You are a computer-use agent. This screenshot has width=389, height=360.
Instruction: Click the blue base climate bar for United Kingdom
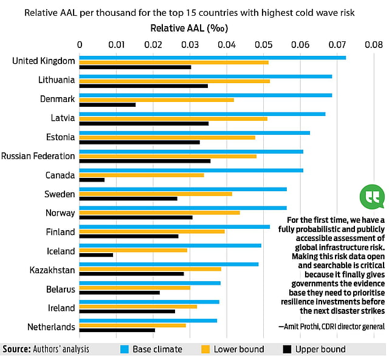click(x=213, y=58)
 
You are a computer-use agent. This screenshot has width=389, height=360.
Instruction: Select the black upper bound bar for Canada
click(x=92, y=180)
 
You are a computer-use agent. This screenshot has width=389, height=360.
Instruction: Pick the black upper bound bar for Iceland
click(x=96, y=255)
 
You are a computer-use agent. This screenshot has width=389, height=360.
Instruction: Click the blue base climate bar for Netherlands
click(x=148, y=321)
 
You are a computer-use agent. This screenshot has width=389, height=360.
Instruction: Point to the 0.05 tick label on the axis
click(x=264, y=44)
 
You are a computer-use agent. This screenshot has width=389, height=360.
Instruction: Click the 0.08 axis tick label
click(x=374, y=44)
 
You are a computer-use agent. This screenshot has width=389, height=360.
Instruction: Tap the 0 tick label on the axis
click(x=80, y=44)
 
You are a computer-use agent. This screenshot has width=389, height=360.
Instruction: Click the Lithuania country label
click(x=57, y=80)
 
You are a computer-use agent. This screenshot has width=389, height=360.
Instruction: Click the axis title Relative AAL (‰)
click(x=188, y=28)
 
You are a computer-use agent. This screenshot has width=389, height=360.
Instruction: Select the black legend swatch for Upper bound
click(x=286, y=349)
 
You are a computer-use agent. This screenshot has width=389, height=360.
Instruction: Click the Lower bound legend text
click(x=239, y=349)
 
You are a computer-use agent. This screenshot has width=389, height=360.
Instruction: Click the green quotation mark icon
click(x=372, y=196)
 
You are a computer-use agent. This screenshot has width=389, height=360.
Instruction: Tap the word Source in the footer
click(x=18, y=349)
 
